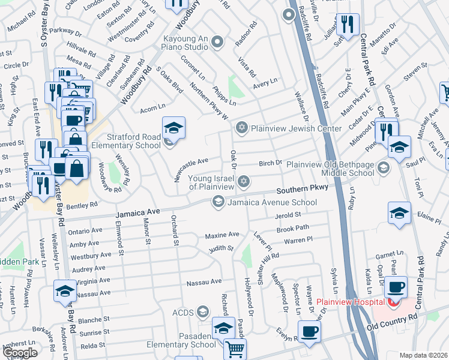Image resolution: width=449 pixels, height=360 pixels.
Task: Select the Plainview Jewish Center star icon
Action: [x=242, y=127]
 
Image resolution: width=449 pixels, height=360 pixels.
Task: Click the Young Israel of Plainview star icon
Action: [x=244, y=181]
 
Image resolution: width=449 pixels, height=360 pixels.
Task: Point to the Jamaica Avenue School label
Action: [x=272, y=203]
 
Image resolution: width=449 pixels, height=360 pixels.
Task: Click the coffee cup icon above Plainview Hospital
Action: [x=397, y=286]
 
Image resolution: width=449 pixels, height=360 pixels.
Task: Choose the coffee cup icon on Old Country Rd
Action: [x=309, y=331]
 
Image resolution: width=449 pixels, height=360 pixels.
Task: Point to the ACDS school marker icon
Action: [x=203, y=311]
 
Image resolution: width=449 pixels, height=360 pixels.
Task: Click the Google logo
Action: [x=19, y=353]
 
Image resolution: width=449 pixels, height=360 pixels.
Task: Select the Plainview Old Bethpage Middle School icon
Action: [x=384, y=167]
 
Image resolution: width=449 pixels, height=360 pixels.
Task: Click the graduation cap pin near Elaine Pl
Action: [x=399, y=213]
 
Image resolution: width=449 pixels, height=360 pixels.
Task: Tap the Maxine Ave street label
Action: [x=222, y=235]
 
